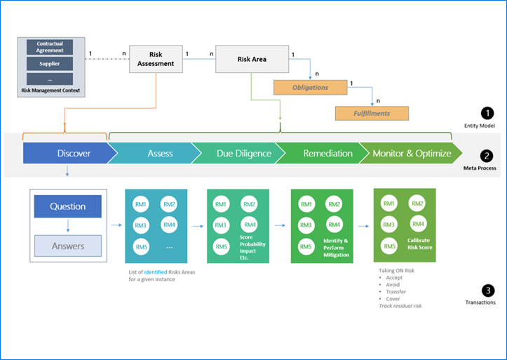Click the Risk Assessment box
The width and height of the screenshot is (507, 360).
pyautogui.click(x=156, y=59)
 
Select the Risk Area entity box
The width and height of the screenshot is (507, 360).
pyautogui.click(x=250, y=59)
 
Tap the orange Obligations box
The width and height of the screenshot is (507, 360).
pyautogui.click(x=311, y=88)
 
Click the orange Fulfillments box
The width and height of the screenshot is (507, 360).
pyautogui.click(x=372, y=112)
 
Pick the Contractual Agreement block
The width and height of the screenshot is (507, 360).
pyautogui.click(x=50, y=47)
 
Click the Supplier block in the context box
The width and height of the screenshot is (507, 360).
pyautogui.click(x=50, y=63)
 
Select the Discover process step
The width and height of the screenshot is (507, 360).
pyautogui.click(x=65, y=153)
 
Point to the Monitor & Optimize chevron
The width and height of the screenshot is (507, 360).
pyautogui.click(x=410, y=153)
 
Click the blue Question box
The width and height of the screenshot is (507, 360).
pyautogui.click(x=68, y=206)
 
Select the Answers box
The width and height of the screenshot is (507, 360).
pyautogui.click(x=68, y=246)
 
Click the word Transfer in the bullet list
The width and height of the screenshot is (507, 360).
pyautogui.click(x=397, y=292)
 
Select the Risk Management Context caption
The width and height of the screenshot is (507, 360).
pyautogui.click(x=50, y=91)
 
